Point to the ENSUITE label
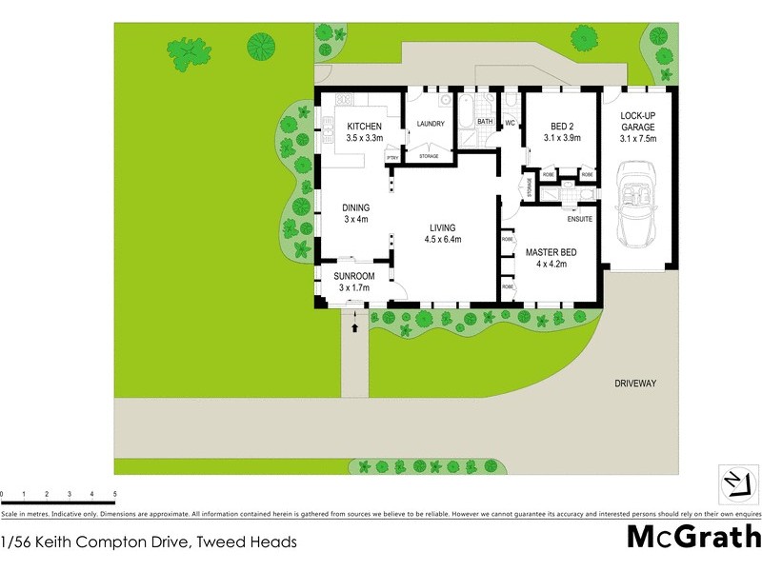click(x=580, y=220)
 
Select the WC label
click(x=510, y=123)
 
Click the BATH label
click(x=485, y=122)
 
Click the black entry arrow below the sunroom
click(x=355, y=327)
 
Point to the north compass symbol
click(x=733, y=483)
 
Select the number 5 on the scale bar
click(x=115, y=495)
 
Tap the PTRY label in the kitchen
click(x=391, y=157)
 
